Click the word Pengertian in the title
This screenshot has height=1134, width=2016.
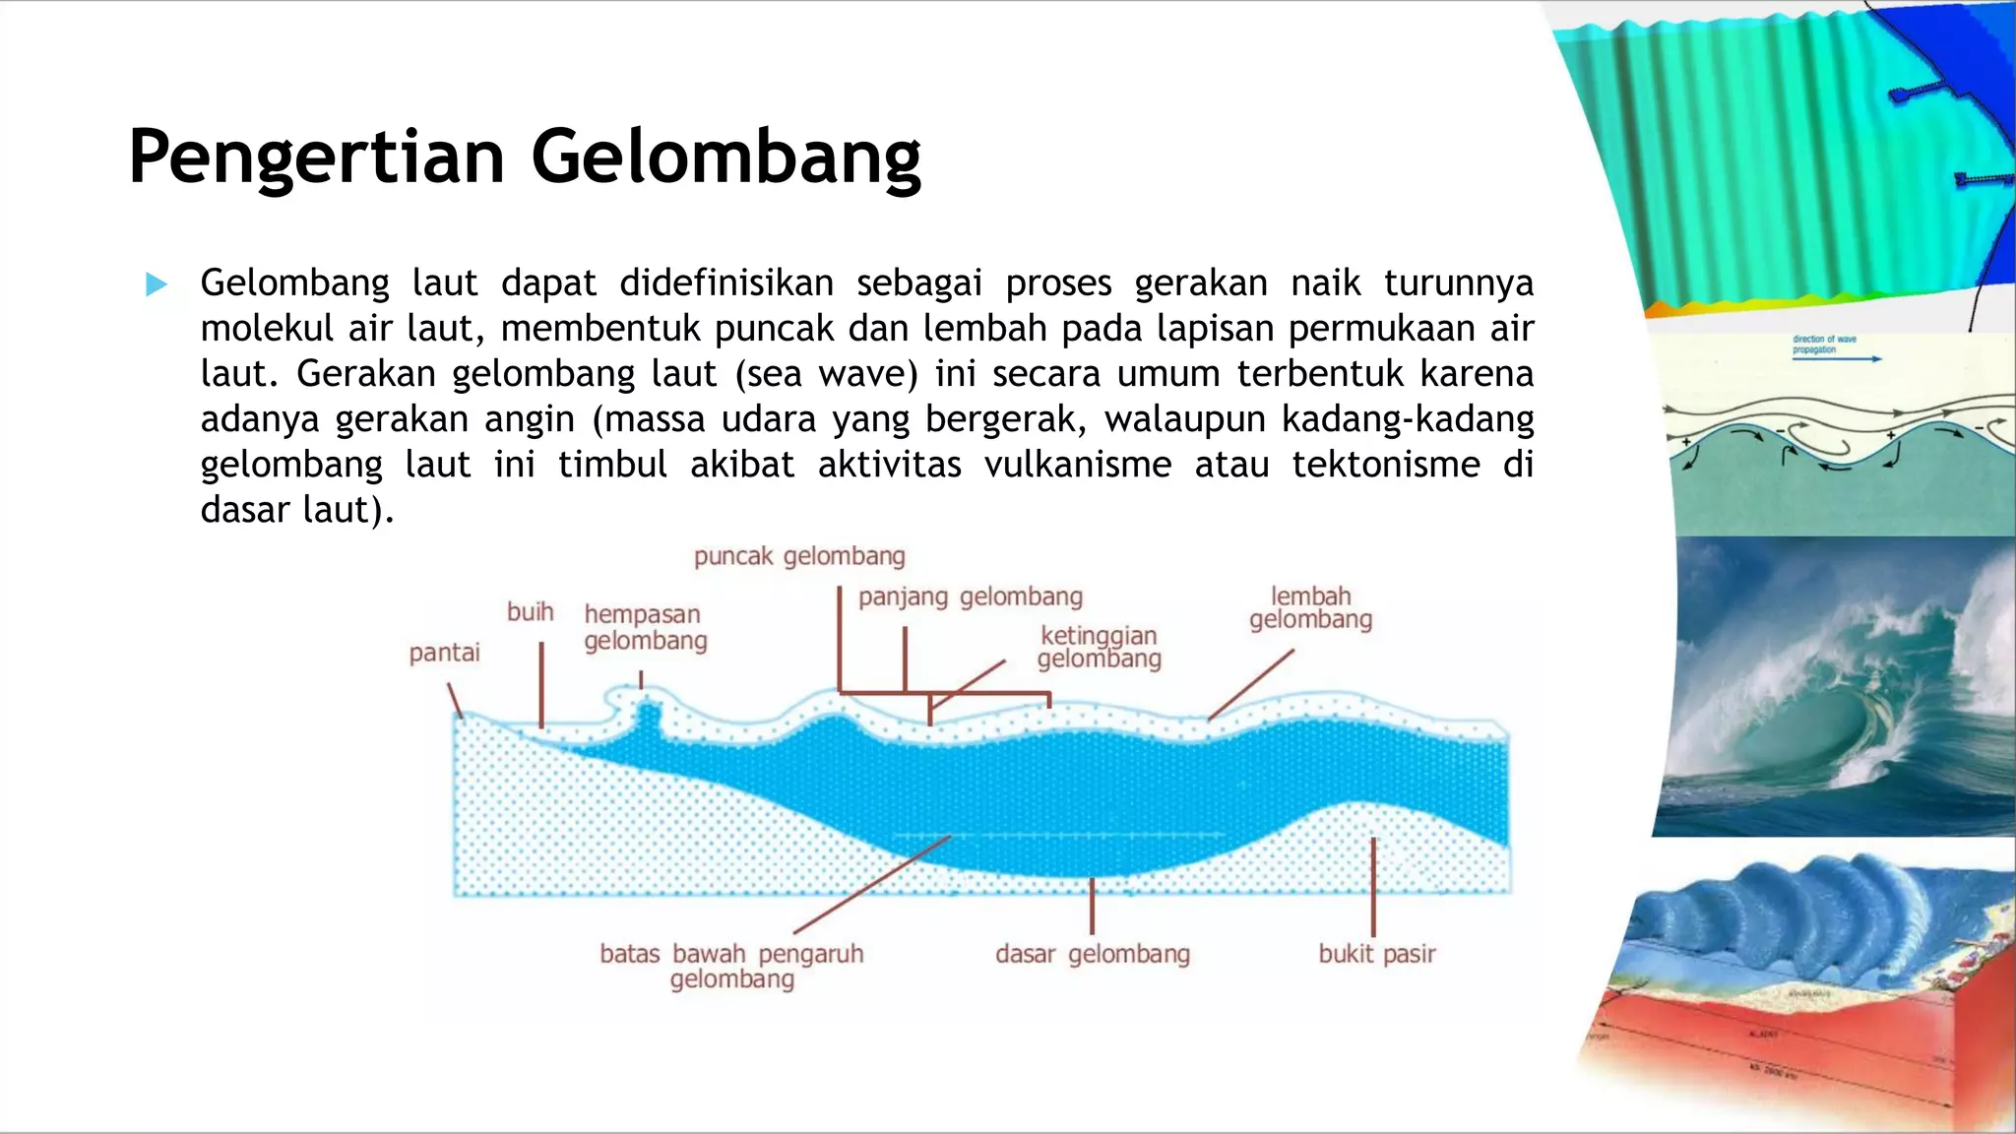(x=317, y=157)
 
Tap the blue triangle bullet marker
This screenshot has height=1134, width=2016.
(x=156, y=284)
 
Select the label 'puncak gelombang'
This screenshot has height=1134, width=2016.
(x=799, y=556)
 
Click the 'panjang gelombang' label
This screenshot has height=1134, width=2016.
(x=970, y=597)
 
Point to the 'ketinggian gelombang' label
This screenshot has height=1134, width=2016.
(x=1099, y=647)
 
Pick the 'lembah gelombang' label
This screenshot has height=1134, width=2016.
(x=1310, y=608)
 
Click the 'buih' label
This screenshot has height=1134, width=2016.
(x=530, y=611)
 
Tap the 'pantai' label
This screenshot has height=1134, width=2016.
(x=444, y=653)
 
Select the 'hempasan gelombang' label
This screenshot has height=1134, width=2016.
(x=645, y=627)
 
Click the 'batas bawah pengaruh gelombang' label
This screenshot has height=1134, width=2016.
(x=731, y=966)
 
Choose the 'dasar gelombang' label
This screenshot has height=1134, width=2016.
(x=1092, y=954)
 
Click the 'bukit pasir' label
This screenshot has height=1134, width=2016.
(x=1376, y=954)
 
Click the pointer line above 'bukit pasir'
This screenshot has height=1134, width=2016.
(x=1373, y=886)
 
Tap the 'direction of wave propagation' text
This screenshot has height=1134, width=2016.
(x=1823, y=344)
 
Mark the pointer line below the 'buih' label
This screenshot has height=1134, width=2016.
(x=540, y=684)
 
